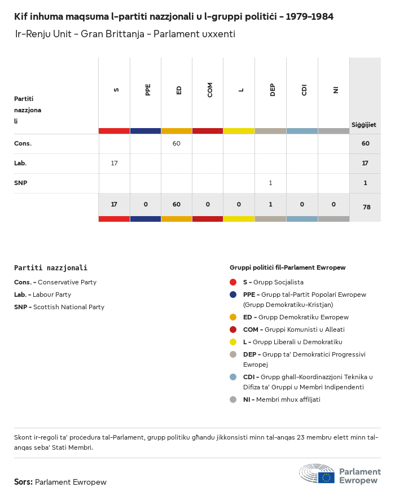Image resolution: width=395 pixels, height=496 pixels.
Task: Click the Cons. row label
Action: (23, 143)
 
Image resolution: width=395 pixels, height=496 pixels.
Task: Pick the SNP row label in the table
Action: (21, 183)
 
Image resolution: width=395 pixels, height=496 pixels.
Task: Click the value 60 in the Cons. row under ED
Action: (177, 143)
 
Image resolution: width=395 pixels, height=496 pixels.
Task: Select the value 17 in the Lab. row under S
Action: (114, 163)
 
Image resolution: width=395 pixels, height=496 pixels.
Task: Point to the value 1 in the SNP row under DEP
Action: (270, 183)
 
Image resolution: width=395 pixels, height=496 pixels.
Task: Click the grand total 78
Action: (366, 207)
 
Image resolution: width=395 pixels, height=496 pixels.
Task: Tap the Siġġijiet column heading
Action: (364, 125)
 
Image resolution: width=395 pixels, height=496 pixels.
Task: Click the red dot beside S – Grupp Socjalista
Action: (233, 282)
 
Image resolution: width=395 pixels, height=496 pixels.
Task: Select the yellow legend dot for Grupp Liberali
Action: (233, 342)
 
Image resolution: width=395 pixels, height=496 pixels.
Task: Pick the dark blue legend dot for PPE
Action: (233, 295)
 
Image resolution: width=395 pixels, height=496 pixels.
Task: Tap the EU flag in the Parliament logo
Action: (326, 477)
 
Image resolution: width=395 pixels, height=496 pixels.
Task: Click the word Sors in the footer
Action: (23, 482)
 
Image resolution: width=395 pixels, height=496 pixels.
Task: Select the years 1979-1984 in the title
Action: (309, 16)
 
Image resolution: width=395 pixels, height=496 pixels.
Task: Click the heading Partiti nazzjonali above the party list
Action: (51, 268)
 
